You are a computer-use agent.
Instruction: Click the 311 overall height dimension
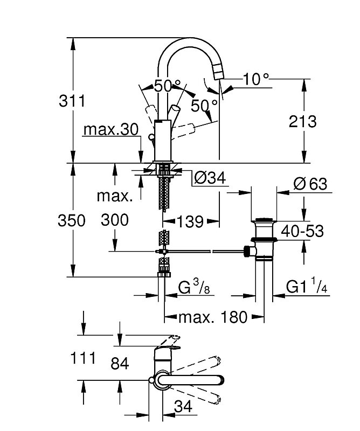[72, 101]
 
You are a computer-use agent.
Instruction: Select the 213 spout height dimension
[302, 121]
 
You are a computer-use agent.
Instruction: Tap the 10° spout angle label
[256, 79]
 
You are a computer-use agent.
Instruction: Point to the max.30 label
[110, 129]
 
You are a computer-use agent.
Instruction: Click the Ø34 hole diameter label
[210, 178]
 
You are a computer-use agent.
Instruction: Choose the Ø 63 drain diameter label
[310, 184]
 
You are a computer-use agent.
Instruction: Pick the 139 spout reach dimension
[190, 221]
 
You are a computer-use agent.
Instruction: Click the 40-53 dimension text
[302, 231]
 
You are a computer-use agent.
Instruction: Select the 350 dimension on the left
[72, 220]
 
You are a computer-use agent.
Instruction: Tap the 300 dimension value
[115, 220]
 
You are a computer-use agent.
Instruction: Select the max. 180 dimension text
[213, 317]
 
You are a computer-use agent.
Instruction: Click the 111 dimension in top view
[83, 358]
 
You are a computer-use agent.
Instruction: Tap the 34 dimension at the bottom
[183, 406]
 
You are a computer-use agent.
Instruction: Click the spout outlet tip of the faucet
[218, 74]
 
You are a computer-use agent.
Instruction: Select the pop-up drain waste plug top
[264, 220]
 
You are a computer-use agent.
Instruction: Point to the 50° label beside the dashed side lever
[204, 106]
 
